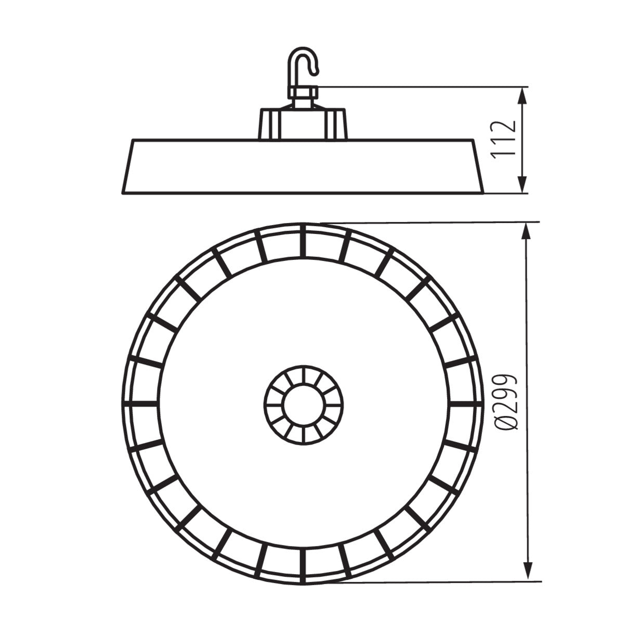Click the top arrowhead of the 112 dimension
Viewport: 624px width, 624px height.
523,94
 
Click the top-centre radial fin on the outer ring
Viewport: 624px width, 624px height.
303,240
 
